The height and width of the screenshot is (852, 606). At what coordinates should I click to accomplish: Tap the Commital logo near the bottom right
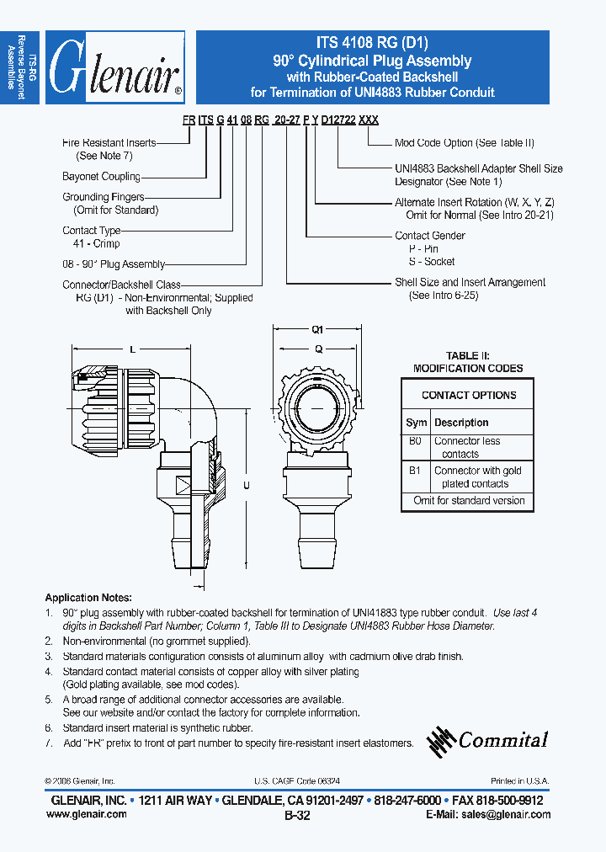pos(488,739)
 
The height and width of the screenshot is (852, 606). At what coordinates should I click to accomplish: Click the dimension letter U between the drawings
pos(247,485)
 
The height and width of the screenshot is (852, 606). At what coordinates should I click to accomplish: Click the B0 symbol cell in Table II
pos(415,440)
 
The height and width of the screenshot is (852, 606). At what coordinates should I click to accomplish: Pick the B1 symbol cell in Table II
pos(415,471)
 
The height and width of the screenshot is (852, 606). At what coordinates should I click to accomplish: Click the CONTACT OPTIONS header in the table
pos(469,395)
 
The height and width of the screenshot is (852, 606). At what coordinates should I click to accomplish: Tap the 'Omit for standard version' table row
pos(469,501)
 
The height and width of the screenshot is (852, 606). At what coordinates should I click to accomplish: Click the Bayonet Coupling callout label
pos(101,177)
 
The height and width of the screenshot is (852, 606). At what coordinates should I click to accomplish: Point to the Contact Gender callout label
pos(430,236)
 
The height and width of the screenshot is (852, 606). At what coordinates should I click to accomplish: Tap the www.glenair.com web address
pos(88,814)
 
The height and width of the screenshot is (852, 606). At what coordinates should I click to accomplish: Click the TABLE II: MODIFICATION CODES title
pos(468,362)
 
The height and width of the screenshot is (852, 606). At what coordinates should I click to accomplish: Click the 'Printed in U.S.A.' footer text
pos(519,781)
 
